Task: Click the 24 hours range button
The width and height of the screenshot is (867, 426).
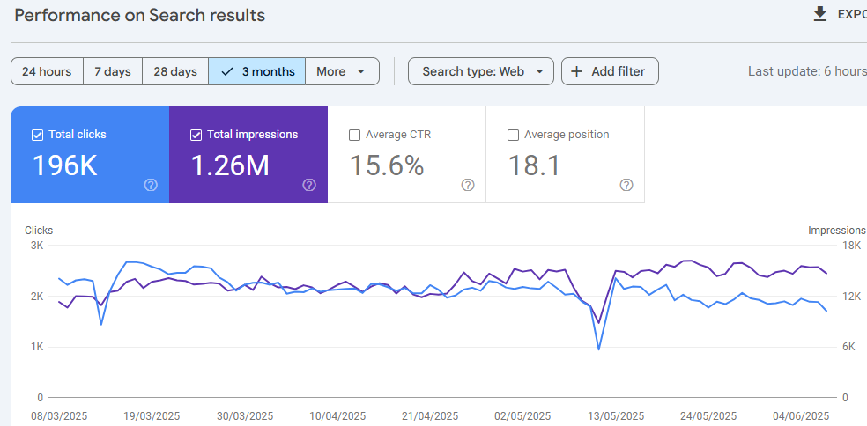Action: [47, 71]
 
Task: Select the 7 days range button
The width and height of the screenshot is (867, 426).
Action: [113, 71]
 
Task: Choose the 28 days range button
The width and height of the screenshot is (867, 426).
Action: [175, 71]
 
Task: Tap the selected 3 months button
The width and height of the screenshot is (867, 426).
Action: [257, 71]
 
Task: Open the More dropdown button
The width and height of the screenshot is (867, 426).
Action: [341, 71]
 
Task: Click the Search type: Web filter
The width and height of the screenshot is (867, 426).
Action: [480, 71]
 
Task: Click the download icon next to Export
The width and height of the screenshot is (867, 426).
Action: [820, 14]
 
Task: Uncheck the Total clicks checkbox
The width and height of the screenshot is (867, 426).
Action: [37, 135]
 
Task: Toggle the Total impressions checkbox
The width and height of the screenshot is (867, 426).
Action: [196, 135]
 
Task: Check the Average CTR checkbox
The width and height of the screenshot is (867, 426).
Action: [354, 135]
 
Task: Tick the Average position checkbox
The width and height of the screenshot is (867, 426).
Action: [513, 135]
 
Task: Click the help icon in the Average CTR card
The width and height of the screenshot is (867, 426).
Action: [468, 185]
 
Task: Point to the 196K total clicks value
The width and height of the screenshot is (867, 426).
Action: [65, 165]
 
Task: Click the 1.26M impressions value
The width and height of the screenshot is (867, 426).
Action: [230, 165]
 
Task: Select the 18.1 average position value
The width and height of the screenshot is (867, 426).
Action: [534, 165]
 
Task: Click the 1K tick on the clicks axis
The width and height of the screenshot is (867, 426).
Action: [37, 347]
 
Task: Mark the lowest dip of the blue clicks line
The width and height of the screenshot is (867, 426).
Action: [599, 349]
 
